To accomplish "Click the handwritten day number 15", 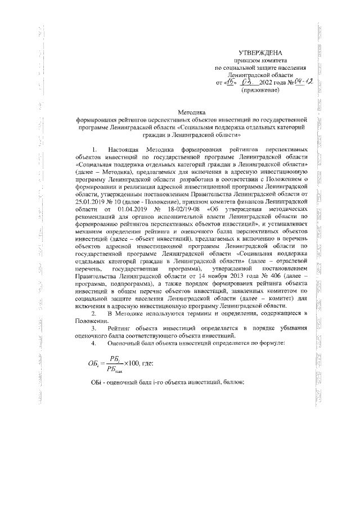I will point(230,82).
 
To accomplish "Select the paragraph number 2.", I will point(94,312).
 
